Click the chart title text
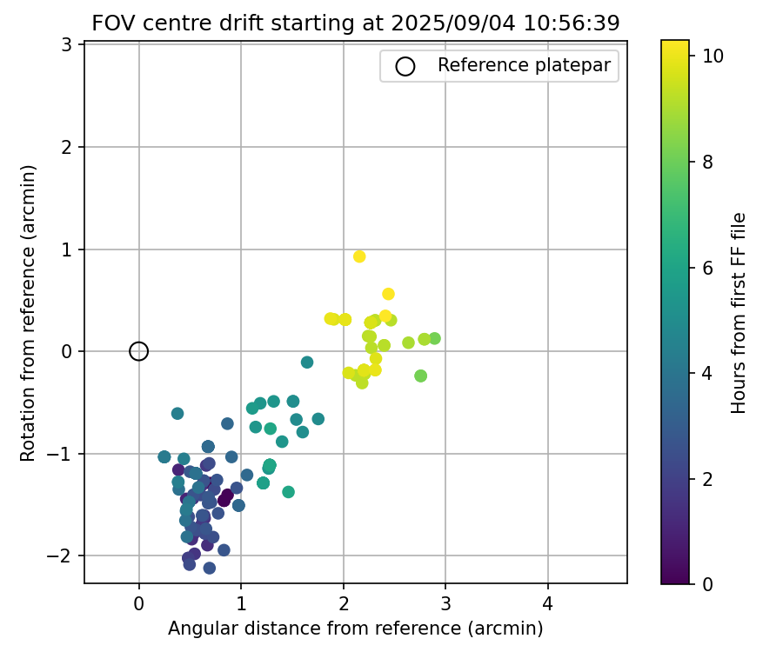pos(355,23)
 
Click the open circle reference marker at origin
pos(139,351)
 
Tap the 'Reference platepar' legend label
pos(525,65)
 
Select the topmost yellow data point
pos(359,256)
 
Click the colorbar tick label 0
pos(707,583)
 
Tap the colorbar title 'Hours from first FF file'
pos(739,313)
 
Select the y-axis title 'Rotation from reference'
pos(28,313)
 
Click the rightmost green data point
pos(434,338)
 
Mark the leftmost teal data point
pos(164,456)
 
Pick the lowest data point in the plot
pos(210,568)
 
